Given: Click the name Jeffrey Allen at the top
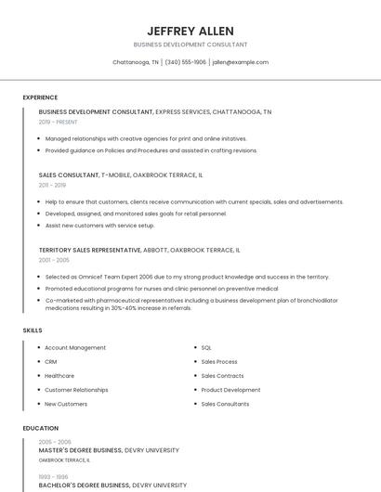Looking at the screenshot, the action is pyautogui.click(x=190, y=31).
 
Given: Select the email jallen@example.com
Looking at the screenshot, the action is pyautogui.click(x=240, y=62).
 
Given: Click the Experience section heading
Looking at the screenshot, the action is pyautogui.click(x=40, y=97).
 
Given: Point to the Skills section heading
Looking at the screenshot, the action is pyautogui.click(x=33, y=330).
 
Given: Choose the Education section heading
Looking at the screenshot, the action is pyautogui.click(x=40, y=428).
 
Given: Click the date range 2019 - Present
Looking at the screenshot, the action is pyautogui.click(x=59, y=122).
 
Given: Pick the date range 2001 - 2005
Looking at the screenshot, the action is pyautogui.click(x=54, y=260).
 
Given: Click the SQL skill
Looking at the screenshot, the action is pyautogui.click(x=206, y=347).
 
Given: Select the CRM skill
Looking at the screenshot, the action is pyautogui.click(x=51, y=361).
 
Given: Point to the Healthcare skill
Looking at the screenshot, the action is pyautogui.click(x=59, y=376).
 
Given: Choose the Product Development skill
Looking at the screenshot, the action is pyautogui.click(x=230, y=390).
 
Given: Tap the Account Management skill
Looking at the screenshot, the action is pyautogui.click(x=75, y=347).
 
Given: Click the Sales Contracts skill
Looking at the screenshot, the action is pyautogui.click(x=222, y=376).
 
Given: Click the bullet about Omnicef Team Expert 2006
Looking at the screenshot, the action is pyautogui.click(x=187, y=277).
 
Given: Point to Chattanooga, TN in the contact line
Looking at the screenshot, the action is pyautogui.click(x=136, y=62).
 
